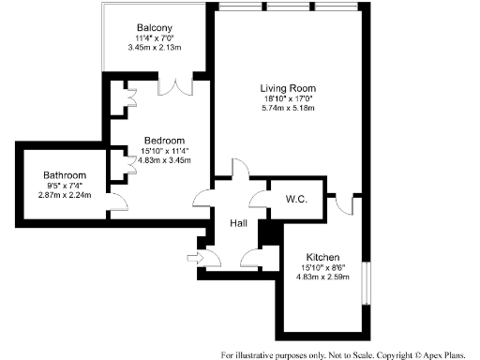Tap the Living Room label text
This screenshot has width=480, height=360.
287,88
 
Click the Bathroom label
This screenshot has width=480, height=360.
65,175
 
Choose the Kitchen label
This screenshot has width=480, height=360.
322,257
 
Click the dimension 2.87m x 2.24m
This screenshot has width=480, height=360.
65,196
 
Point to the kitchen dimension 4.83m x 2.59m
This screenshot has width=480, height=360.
322,277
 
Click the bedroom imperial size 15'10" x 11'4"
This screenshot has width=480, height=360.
164,150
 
